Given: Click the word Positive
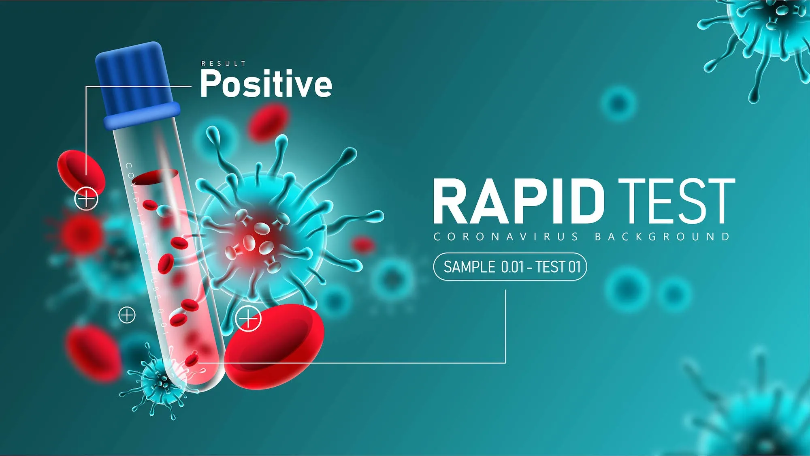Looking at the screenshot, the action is [x=266, y=83].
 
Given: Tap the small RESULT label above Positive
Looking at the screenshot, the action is [x=224, y=64].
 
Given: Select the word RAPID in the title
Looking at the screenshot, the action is [x=519, y=201].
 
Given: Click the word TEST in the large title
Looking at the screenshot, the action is [x=676, y=201].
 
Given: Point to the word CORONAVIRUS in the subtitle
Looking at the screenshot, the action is [x=506, y=237].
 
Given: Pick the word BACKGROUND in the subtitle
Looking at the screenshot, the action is [x=663, y=237].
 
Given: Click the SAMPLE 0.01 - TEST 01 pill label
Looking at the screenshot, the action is [x=510, y=267].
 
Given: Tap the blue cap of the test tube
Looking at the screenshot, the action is [x=136, y=85].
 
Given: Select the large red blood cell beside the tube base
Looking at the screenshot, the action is [x=274, y=347].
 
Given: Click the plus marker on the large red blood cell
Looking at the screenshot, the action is [x=248, y=319].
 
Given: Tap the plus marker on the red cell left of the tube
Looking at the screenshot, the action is [x=86, y=199].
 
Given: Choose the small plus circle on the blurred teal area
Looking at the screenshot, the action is [x=127, y=315].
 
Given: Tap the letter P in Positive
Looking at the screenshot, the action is [x=210, y=83].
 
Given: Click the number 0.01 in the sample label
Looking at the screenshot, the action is [x=512, y=267].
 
